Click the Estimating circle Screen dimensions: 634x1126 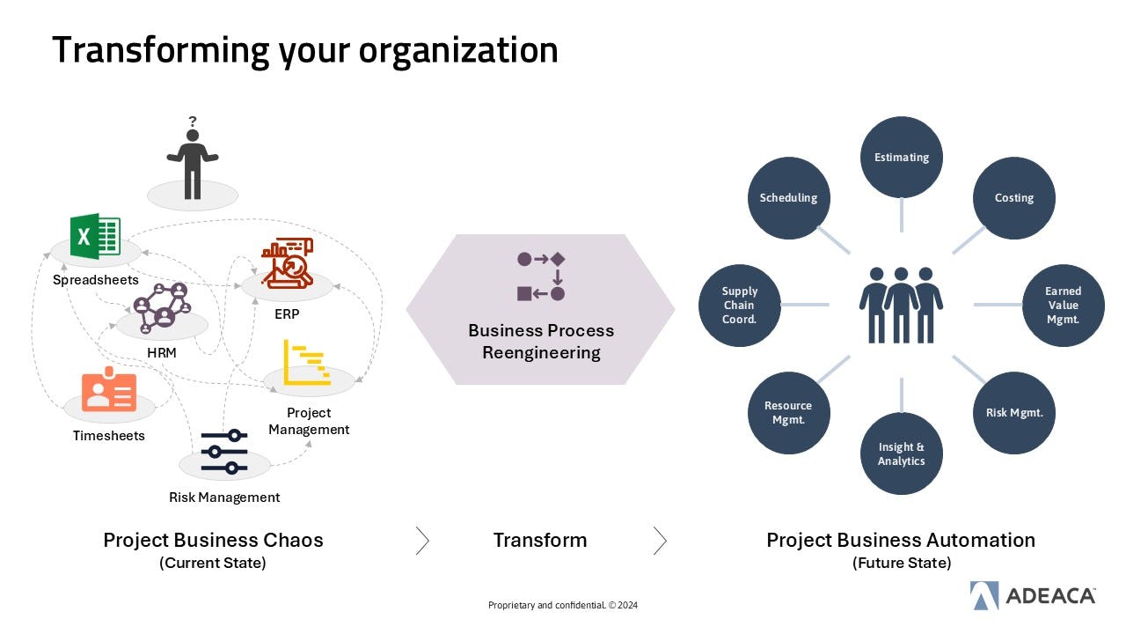(x=901, y=158)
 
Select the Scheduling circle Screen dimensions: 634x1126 (x=788, y=198)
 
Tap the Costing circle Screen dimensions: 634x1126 (x=1013, y=198)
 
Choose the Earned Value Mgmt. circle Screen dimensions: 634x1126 (x=1063, y=305)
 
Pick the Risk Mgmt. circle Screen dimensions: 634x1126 (x=1013, y=412)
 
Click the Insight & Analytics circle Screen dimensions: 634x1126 (x=901, y=453)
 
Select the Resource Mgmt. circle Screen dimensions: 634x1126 (x=788, y=412)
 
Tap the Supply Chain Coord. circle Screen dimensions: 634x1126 (x=739, y=305)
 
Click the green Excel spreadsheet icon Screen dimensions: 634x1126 (x=95, y=236)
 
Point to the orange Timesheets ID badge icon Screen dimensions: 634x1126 (x=109, y=392)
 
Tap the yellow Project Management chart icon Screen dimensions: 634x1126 (x=306, y=362)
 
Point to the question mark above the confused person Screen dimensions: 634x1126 (x=192, y=122)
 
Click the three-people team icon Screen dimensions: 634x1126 (x=901, y=304)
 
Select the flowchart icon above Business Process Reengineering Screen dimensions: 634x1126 (x=540, y=276)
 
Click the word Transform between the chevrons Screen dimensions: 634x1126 (x=539, y=540)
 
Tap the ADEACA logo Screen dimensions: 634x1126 (x=1033, y=595)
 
